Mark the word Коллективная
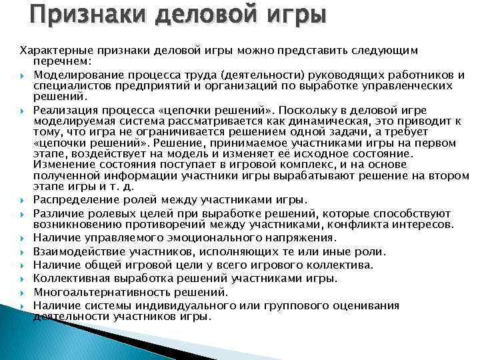(x=69, y=278)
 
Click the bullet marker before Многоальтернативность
(x=23, y=292)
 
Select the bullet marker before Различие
(x=23, y=213)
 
